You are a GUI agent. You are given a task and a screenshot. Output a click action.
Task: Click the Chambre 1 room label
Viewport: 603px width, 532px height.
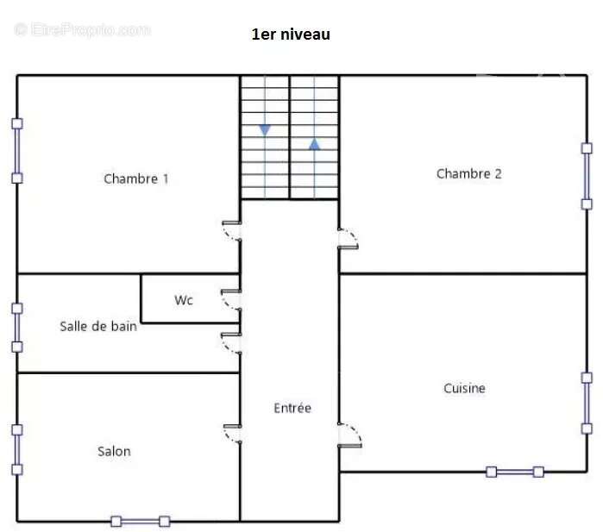[x=136, y=178]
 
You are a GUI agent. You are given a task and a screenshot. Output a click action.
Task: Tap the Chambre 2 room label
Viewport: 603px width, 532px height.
[x=468, y=174]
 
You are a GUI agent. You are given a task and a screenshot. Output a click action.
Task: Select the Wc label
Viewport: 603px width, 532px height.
[x=184, y=300]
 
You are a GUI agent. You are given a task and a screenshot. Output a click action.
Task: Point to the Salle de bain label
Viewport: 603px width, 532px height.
[x=98, y=326]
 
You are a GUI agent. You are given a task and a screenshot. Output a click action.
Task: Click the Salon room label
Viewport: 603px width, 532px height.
[x=114, y=451]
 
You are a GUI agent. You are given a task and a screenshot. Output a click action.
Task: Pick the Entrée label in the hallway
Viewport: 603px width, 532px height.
[x=292, y=408]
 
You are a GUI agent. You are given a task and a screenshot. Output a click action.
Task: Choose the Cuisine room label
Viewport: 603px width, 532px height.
[x=464, y=388]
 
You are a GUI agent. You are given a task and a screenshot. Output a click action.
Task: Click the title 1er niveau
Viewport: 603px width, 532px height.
[x=291, y=34]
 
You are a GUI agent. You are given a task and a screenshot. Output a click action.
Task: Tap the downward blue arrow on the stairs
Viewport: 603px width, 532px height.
[x=265, y=130]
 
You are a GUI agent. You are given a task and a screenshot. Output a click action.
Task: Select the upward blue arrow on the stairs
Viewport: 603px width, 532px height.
[x=315, y=144]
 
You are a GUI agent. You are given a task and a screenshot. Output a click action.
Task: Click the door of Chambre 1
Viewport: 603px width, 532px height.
[x=232, y=231]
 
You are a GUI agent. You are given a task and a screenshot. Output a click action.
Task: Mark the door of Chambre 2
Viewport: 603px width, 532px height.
[x=348, y=239]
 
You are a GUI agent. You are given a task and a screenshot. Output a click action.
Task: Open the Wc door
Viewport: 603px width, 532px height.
[x=231, y=300]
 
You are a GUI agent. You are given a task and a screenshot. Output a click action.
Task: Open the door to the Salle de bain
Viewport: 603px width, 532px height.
[x=231, y=343]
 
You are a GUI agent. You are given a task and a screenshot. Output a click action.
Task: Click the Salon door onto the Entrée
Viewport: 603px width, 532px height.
[x=233, y=434]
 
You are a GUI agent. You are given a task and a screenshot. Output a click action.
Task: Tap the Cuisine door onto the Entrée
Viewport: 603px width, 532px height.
[x=349, y=435]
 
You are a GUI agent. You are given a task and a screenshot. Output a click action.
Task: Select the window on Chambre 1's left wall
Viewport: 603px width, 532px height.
[x=17, y=151]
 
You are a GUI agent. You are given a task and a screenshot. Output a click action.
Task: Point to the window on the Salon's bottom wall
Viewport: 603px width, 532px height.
[x=141, y=522]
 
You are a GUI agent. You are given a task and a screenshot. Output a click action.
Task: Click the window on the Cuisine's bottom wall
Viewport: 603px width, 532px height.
[x=515, y=472]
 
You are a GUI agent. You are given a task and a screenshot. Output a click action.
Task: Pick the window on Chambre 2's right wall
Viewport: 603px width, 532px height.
[x=587, y=176]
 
